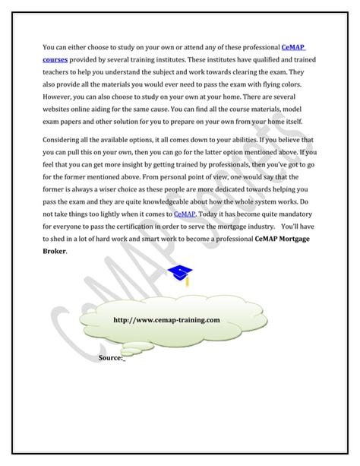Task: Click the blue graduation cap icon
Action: (180, 274)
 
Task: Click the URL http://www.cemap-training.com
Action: (166, 321)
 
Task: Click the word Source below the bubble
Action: (109, 357)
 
